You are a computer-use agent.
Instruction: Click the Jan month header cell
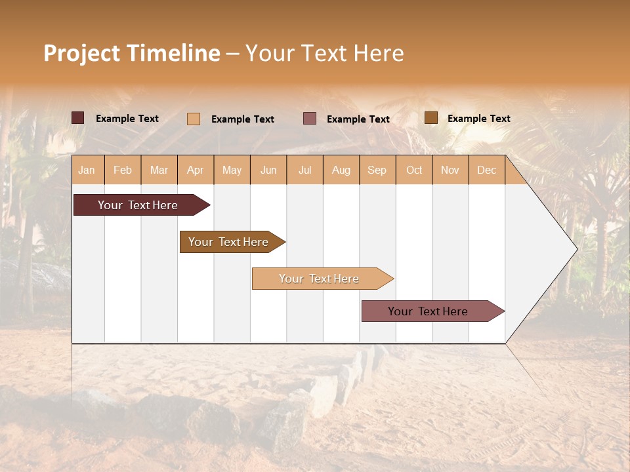[x=87, y=170]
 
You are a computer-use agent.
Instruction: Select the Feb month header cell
[x=123, y=170]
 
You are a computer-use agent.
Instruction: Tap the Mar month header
[x=159, y=170]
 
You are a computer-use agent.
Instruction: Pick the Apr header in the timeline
[x=196, y=170]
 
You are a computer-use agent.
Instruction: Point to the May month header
[x=232, y=170]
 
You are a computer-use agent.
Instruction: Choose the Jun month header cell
[x=268, y=170]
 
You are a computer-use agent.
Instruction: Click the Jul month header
[x=304, y=170]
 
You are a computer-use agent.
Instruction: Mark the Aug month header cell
[x=341, y=170]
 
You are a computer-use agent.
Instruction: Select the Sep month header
[x=377, y=170]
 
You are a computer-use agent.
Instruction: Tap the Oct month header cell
[x=414, y=170]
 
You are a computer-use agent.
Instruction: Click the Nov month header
[x=450, y=170]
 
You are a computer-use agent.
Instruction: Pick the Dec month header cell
[x=487, y=170]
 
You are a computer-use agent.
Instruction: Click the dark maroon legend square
[x=78, y=118]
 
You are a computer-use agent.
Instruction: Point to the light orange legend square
[x=194, y=119]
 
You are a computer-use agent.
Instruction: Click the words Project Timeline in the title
[x=132, y=53]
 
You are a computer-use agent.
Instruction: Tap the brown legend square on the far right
[x=430, y=118]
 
